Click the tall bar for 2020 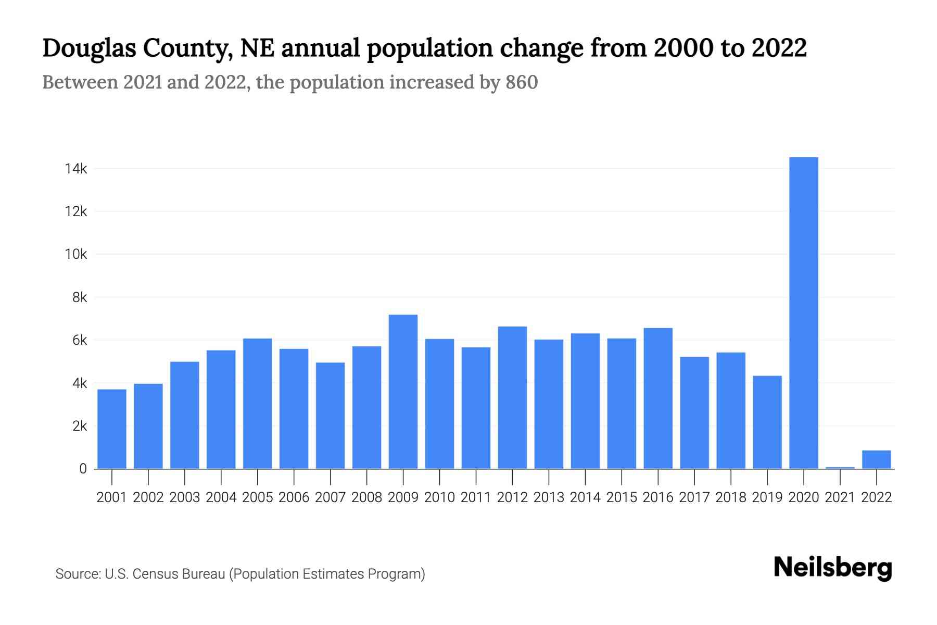pyautogui.click(x=803, y=312)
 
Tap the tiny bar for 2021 pyautogui.click(x=840, y=468)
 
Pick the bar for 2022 pyautogui.click(x=876, y=459)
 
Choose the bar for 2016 pyautogui.click(x=658, y=398)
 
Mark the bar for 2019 pyautogui.click(x=767, y=422)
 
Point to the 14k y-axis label pyautogui.click(x=76, y=169)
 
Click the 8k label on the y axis pyautogui.click(x=80, y=297)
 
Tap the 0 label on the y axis pyautogui.click(x=83, y=469)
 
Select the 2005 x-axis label pyautogui.click(x=257, y=497)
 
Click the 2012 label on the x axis pyautogui.click(x=512, y=497)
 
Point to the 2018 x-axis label pyautogui.click(x=730, y=497)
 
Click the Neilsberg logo pyautogui.click(x=832, y=568)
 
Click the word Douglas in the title pyautogui.click(x=89, y=48)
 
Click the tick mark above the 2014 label pyautogui.click(x=585, y=476)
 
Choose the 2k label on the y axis pyautogui.click(x=80, y=426)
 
